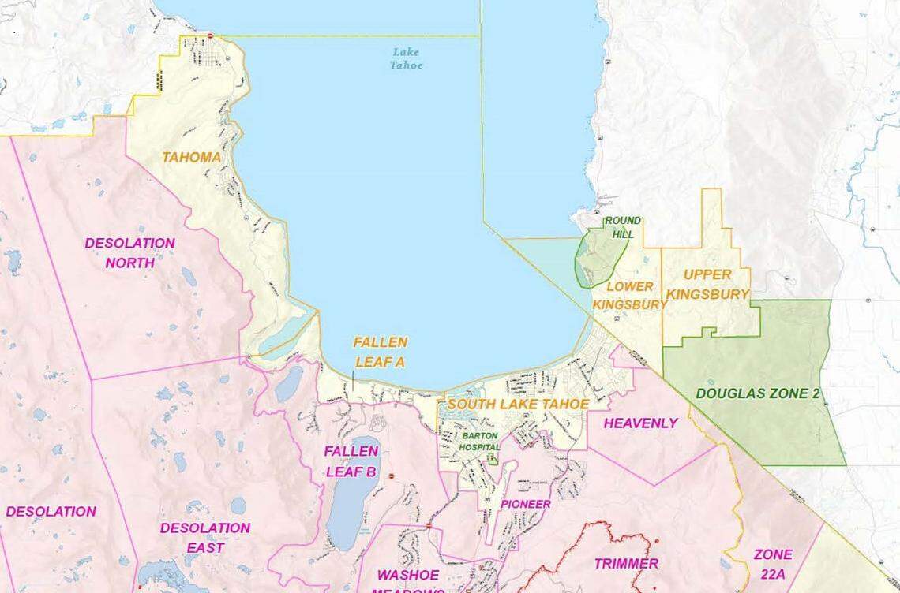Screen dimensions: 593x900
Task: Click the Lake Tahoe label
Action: (x=407, y=58)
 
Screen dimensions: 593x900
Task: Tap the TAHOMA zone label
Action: (x=192, y=157)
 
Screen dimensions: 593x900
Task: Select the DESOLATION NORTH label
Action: (x=129, y=252)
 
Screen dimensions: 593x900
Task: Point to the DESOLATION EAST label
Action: (x=205, y=537)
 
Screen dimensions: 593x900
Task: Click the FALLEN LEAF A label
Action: (x=381, y=352)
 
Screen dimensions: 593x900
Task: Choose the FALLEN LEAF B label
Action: (x=351, y=461)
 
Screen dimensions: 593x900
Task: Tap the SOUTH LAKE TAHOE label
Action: (x=518, y=404)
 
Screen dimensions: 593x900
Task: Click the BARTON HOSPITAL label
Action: (x=481, y=441)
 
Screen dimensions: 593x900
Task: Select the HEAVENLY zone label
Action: (x=640, y=423)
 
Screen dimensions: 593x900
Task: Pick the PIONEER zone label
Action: (x=526, y=504)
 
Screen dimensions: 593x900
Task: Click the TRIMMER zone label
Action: (x=626, y=563)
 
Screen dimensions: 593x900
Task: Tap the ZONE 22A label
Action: (x=773, y=563)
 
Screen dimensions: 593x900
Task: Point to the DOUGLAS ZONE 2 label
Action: (x=757, y=393)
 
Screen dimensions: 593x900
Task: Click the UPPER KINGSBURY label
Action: (x=707, y=285)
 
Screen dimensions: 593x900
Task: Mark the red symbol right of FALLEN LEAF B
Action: (x=391, y=476)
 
